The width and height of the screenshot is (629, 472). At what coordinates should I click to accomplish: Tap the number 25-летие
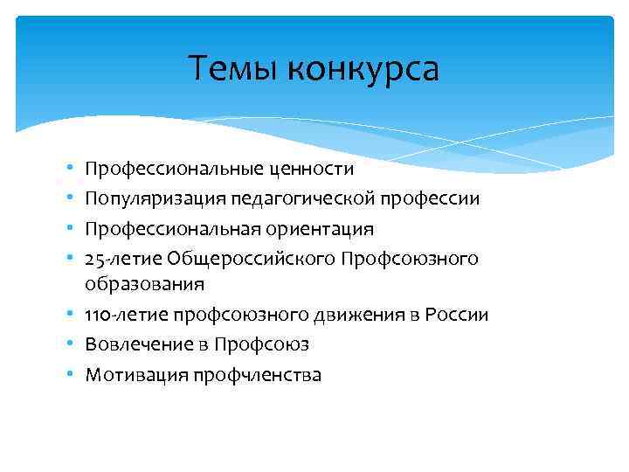point(122,259)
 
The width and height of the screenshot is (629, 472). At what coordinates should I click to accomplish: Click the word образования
point(145,284)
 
